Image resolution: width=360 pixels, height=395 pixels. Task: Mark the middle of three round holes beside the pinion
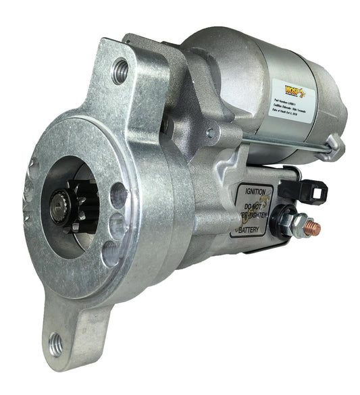coord(117,224)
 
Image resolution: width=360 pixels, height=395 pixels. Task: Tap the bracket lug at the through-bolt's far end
coord(334,142)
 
